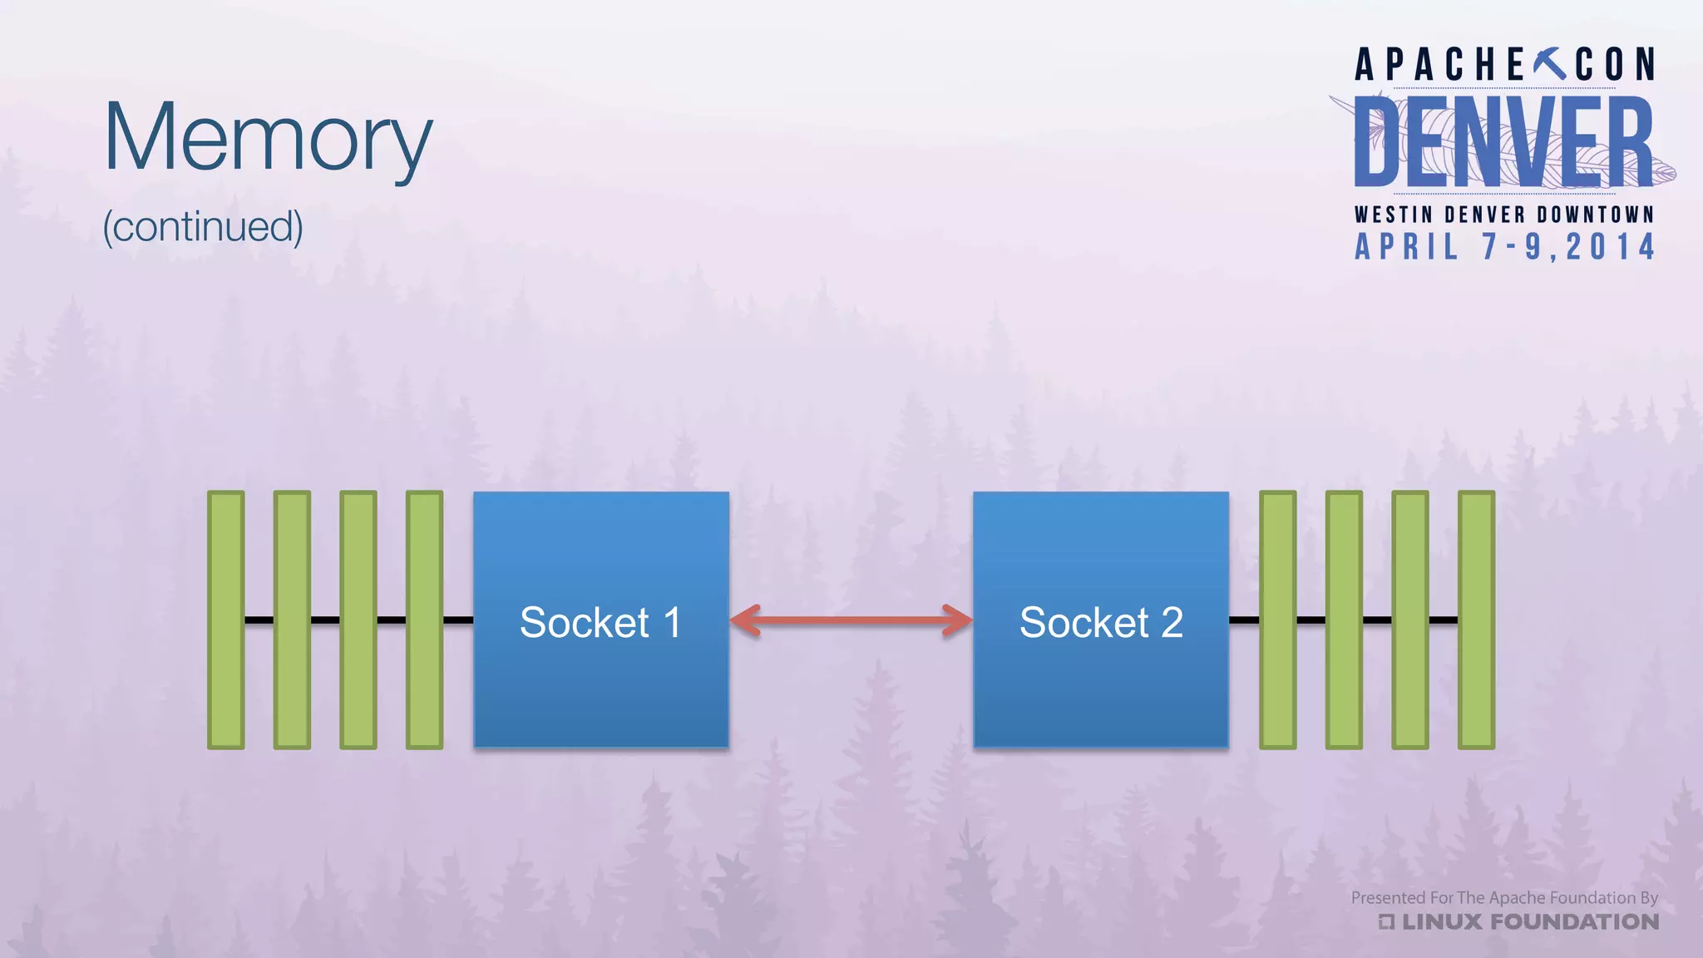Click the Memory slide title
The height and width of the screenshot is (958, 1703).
[268, 137]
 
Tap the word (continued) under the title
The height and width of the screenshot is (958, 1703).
[203, 226]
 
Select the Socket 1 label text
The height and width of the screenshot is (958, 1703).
[600, 622]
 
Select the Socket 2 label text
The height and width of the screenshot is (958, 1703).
[1101, 622]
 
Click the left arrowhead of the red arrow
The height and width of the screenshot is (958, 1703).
[746, 620]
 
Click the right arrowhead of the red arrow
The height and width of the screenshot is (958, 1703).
[957, 620]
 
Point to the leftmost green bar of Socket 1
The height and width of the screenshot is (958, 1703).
[225, 620]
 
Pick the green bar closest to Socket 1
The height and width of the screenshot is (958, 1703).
[424, 620]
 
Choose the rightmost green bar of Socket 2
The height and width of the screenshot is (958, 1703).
[1476, 620]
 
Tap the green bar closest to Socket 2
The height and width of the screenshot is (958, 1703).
[1277, 620]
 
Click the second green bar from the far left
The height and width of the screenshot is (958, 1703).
[292, 620]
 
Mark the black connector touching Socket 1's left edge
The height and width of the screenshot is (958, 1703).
[458, 620]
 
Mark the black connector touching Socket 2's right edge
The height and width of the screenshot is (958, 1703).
[1244, 620]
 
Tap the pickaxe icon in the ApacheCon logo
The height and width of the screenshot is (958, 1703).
[1548, 63]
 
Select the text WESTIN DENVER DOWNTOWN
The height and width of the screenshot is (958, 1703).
[1503, 215]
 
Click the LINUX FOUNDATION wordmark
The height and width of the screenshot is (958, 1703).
[1528, 921]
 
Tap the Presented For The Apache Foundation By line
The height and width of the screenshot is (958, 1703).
[1503, 897]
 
